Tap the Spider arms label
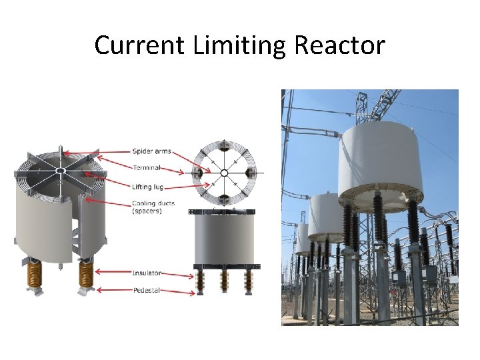pyautogui.click(x=151, y=151)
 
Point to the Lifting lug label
pyautogui.click(x=148, y=187)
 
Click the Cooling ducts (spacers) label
pyautogui.click(x=153, y=207)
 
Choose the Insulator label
pyautogui.click(x=147, y=273)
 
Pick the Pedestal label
pyautogui.click(x=146, y=291)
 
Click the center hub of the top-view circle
pyautogui.click(x=224, y=173)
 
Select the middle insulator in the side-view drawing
pyautogui.click(x=225, y=281)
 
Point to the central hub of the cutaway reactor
pyautogui.click(x=59, y=171)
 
